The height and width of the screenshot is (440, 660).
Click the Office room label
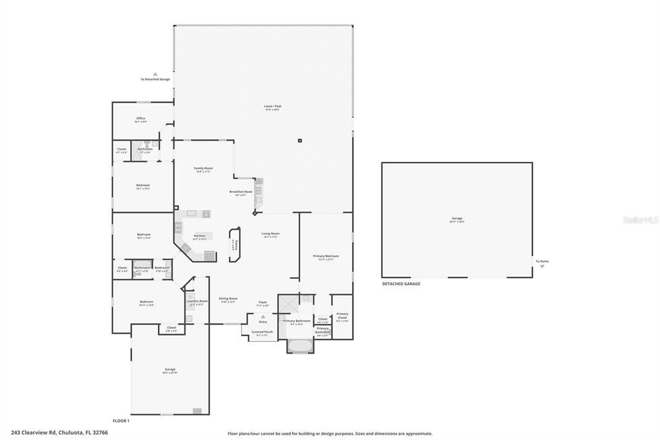(x=141, y=118)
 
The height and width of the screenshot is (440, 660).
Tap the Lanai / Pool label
(x=273, y=106)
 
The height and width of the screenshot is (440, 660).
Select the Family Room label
(x=204, y=168)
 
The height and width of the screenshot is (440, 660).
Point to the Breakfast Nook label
(x=240, y=192)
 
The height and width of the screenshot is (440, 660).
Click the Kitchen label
(x=200, y=235)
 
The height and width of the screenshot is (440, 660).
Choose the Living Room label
(x=270, y=234)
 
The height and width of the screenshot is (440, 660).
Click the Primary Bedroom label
(x=325, y=256)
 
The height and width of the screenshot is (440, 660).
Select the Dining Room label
(x=228, y=298)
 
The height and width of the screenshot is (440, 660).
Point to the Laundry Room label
(x=197, y=301)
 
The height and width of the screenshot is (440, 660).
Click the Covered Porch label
(x=262, y=332)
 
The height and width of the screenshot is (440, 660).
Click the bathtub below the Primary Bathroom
(x=300, y=346)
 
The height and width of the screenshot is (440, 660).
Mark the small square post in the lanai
(x=300, y=140)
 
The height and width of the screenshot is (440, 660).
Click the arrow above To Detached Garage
(x=155, y=74)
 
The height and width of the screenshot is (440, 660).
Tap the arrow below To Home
(x=542, y=266)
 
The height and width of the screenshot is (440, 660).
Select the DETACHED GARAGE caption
(x=401, y=284)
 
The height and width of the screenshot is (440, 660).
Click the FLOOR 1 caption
(x=121, y=421)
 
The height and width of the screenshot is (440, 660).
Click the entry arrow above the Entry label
(x=262, y=316)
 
